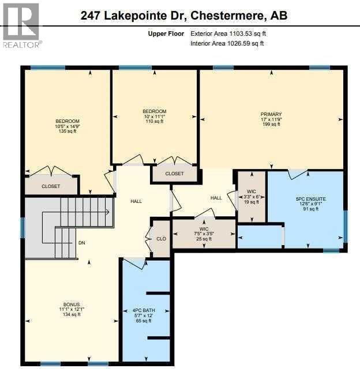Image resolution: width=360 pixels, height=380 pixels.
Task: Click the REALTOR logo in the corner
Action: click(x=21, y=25)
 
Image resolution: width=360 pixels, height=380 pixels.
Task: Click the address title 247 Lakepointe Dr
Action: click(x=184, y=16)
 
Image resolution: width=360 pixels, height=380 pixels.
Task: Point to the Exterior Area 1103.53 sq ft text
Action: click(x=228, y=34)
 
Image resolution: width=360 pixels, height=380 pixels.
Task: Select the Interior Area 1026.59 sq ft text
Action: click(x=228, y=43)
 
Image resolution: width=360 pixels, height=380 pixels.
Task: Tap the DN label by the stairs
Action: click(x=82, y=243)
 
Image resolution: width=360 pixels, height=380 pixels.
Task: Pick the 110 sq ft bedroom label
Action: click(x=154, y=116)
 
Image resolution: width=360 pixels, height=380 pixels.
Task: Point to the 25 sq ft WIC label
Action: click(x=203, y=234)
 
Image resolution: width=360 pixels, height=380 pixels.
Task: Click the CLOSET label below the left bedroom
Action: click(x=51, y=186)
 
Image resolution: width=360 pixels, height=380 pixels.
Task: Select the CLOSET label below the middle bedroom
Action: click(x=174, y=174)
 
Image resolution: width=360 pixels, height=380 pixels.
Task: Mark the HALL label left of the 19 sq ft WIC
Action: click(x=216, y=198)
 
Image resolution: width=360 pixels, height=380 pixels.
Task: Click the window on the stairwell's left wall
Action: click(x=22, y=227)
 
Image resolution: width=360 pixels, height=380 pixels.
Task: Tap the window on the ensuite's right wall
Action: click(x=345, y=226)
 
